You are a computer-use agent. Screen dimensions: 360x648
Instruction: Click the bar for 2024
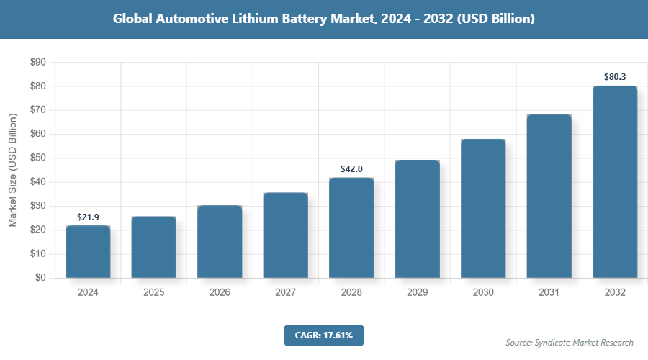click(x=88, y=252)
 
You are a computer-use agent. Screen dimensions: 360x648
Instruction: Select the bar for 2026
click(x=220, y=242)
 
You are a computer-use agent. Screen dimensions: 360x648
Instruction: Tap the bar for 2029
click(x=418, y=219)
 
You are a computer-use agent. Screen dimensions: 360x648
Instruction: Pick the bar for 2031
click(x=549, y=197)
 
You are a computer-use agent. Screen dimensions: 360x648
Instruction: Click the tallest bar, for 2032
click(x=615, y=182)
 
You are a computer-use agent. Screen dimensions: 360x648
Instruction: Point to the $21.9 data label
click(x=88, y=217)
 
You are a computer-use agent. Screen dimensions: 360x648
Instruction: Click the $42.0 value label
click(x=351, y=168)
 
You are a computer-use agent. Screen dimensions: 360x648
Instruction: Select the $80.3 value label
click(x=615, y=76)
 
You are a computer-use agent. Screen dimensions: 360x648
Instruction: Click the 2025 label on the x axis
click(x=153, y=293)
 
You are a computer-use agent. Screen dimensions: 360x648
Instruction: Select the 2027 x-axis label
click(x=285, y=293)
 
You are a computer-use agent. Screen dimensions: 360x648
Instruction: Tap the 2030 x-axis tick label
click(x=483, y=293)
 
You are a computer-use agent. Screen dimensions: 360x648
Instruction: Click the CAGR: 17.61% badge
click(x=324, y=335)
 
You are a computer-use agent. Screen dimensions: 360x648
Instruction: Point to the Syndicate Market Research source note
click(x=570, y=343)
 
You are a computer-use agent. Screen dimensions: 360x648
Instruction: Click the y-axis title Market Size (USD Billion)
click(x=12, y=170)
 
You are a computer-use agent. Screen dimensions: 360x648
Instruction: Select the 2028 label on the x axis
click(x=351, y=293)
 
